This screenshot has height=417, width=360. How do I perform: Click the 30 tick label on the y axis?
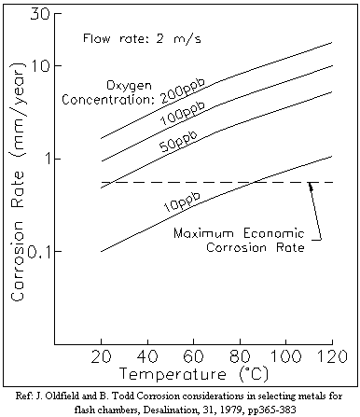(39, 14)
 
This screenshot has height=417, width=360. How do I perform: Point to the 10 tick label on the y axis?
(40, 65)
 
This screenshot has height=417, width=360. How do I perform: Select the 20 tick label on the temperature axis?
(101, 356)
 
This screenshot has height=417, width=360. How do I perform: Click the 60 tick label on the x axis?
(193, 356)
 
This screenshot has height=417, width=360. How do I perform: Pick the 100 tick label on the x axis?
(285, 356)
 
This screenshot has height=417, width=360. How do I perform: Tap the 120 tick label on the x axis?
(332, 356)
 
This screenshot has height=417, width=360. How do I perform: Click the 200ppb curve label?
(184, 90)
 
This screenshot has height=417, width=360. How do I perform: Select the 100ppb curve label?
(183, 113)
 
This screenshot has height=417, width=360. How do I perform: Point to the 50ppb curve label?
(178, 141)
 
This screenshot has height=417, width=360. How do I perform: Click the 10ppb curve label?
(182, 202)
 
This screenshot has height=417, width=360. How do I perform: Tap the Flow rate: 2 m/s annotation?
(142, 38)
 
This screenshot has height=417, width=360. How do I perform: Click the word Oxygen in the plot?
(129, 86)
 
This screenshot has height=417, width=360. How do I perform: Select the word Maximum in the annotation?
(204, 233)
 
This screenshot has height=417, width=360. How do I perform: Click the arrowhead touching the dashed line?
(310, 186)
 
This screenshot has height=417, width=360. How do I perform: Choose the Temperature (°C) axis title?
(193, 374)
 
